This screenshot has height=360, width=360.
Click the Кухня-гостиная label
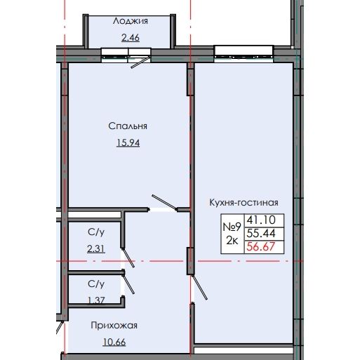click(239, 202)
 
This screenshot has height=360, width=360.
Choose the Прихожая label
click(113, 325)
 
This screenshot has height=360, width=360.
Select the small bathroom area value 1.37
click(97, 300)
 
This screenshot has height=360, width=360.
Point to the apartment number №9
click(232, 227)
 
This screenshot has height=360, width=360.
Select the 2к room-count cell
click(232, 241)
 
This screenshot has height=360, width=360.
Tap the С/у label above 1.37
click(97, 284)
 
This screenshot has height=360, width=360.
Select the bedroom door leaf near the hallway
click(163, 201)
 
